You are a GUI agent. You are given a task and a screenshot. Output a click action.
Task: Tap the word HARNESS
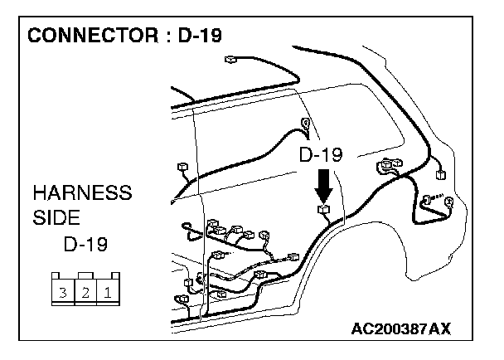(x=82, y=193)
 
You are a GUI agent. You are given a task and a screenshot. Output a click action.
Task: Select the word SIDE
(x=56, y=218)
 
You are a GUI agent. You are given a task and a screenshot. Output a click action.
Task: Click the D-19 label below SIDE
(x=86, y=245)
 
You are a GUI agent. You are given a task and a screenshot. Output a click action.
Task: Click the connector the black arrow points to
(x=324, y=210)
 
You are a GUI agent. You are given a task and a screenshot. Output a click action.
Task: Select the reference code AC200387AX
(x=400, y=329)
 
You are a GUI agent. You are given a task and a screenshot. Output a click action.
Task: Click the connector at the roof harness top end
(x=232, y=59)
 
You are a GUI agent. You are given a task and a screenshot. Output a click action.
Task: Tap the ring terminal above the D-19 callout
(x=306, y=126)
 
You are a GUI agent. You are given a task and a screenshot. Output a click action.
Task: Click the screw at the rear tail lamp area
(x=429, y=200)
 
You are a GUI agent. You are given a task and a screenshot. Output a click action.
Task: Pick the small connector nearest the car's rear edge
(x=440, y=175)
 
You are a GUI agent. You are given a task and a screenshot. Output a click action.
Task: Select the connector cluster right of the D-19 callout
(x=388, y=168)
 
